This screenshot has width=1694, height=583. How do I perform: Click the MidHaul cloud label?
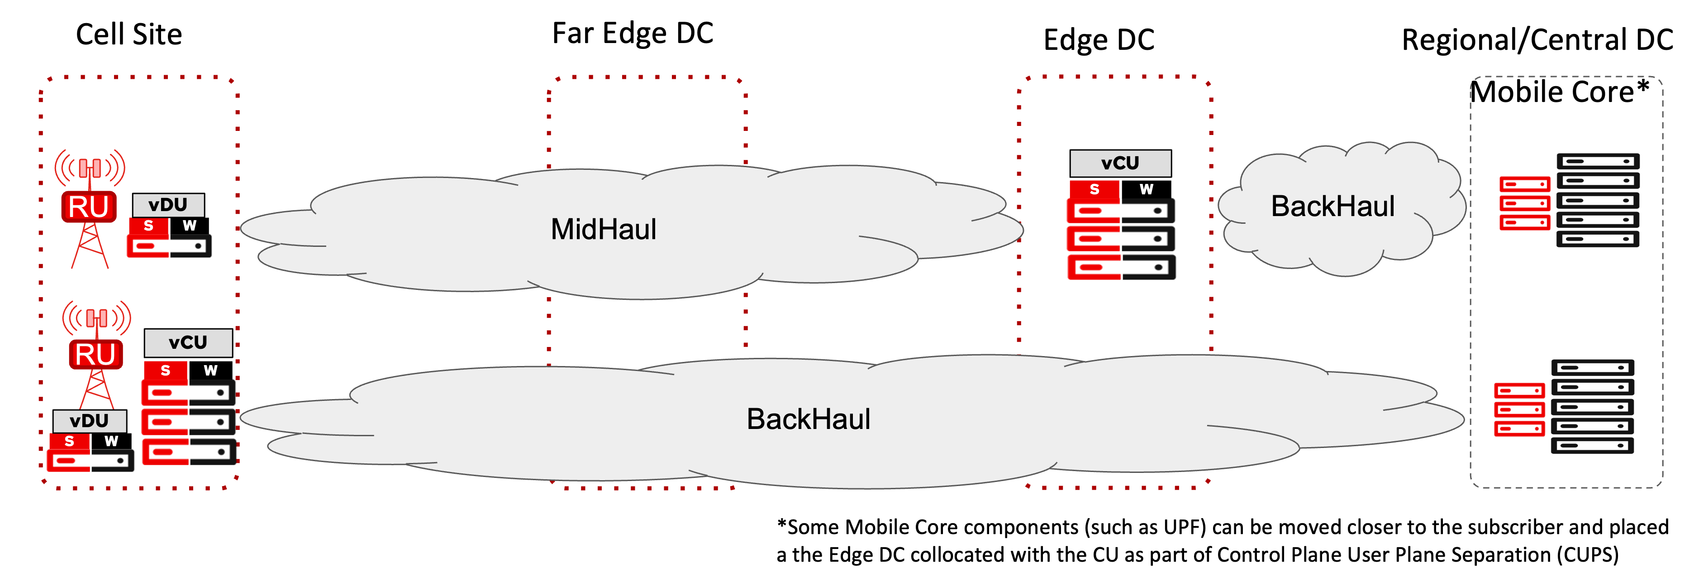(603, 230)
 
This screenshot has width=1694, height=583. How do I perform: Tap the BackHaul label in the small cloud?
(1332, 207)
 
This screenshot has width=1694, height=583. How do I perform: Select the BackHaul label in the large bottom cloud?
(808, 419)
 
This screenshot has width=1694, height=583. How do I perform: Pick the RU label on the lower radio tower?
(96, 355)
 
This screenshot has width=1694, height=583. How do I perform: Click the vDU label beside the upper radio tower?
(168, 205)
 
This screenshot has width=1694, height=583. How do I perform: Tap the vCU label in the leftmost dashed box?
(188, 342)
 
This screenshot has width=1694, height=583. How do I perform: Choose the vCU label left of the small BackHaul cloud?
(1120, 163)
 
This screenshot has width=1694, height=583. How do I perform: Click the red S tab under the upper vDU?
(148, 226)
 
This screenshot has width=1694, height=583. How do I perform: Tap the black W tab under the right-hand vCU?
(1146, 189)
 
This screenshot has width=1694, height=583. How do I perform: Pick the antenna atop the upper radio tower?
(90, 168)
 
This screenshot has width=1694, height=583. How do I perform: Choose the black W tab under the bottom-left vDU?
(111, 441)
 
